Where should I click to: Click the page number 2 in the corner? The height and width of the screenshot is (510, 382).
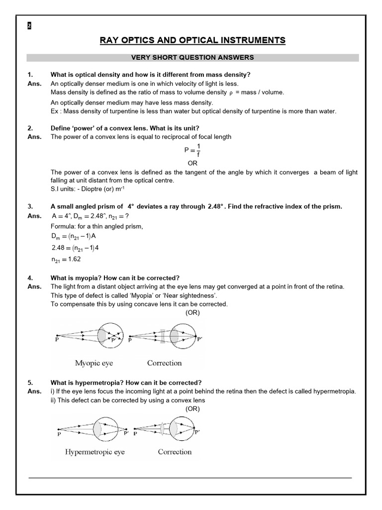coord(29,26)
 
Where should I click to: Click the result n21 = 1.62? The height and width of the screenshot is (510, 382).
coord(66,259)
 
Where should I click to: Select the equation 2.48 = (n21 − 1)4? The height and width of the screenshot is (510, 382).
coord(75,248)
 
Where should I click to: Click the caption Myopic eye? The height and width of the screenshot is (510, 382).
coord(94,363)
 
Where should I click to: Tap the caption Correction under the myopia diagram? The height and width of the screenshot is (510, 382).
coord(164,363)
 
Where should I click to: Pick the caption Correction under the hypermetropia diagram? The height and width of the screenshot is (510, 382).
coord(175,452)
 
